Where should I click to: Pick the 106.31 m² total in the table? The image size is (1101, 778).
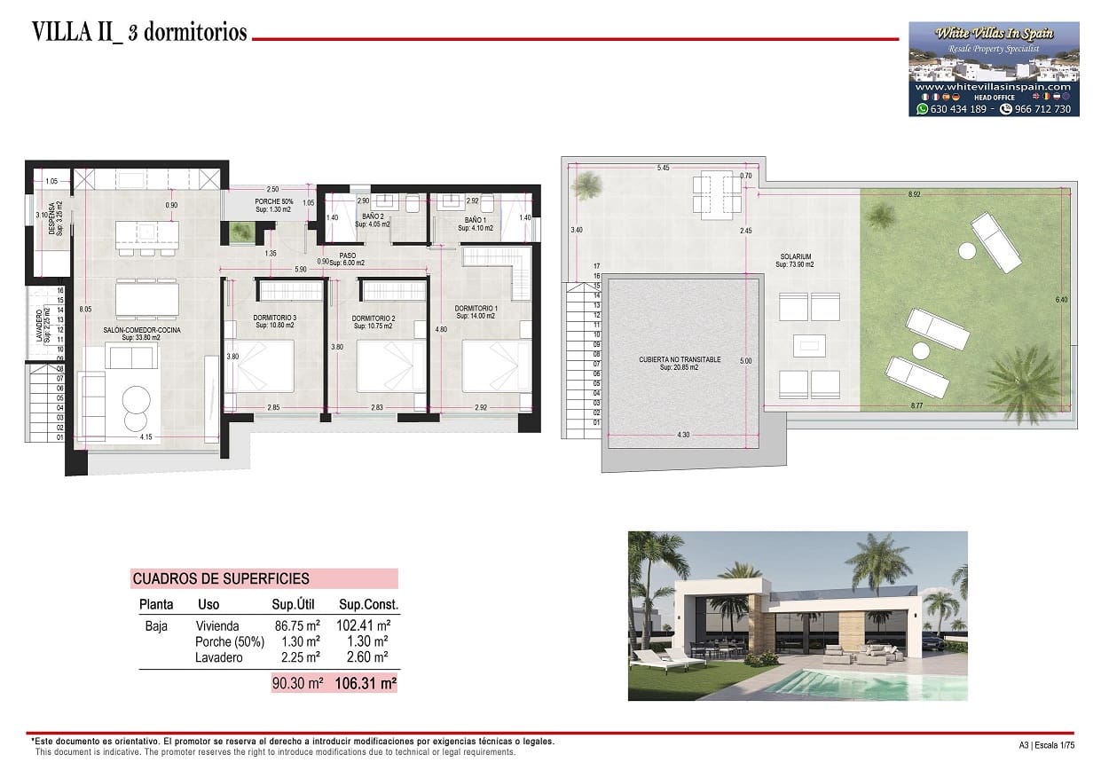(x=365, y=684)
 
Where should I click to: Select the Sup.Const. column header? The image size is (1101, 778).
(x=368, y=605)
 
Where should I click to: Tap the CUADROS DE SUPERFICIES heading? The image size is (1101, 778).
(x=221, y=579)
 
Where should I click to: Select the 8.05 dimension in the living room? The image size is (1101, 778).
(x=85, y=310)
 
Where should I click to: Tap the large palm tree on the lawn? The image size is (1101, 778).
(x=1026, y=381)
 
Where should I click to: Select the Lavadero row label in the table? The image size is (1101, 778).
(x=218, y=658)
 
